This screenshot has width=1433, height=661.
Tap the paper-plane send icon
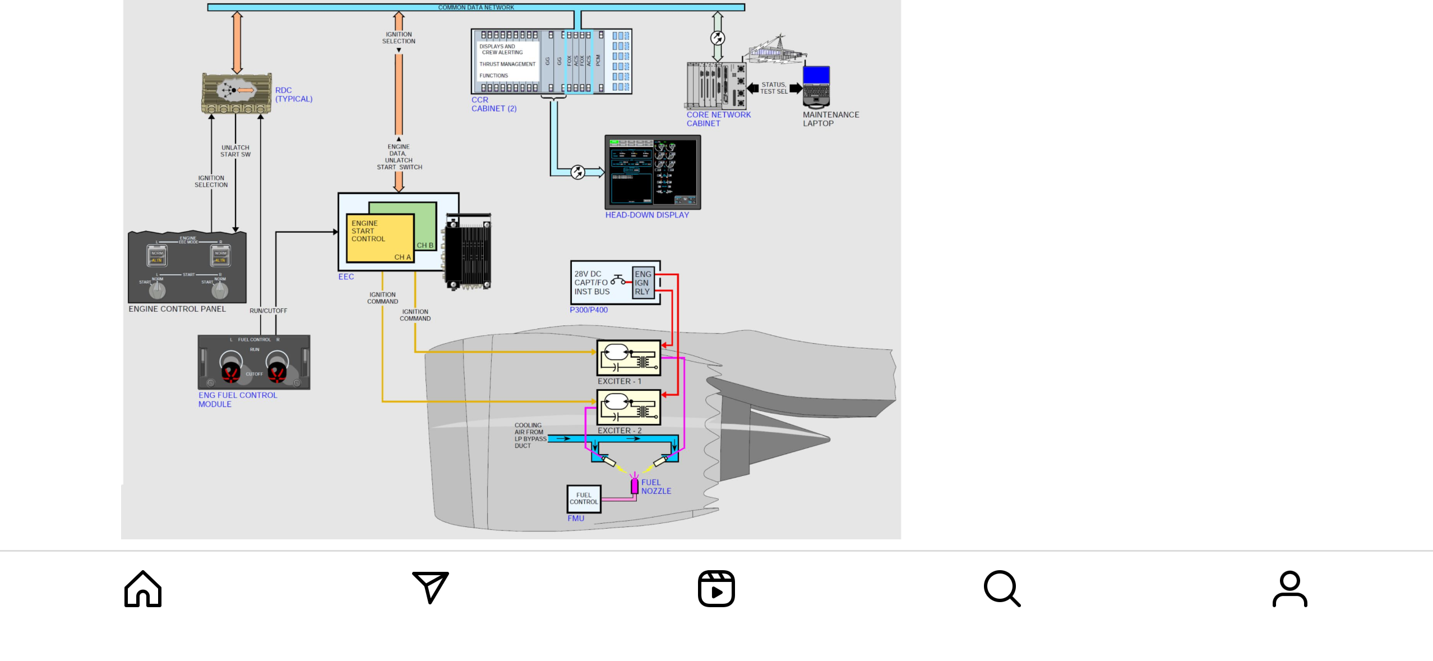[x=430, y=587]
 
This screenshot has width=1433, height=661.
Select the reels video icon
[x=716, y=589]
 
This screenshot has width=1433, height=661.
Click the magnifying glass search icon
[x=1002, y=589]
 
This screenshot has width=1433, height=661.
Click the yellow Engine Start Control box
[x=380, y=238]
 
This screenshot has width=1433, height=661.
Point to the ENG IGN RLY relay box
[x=642, y=283]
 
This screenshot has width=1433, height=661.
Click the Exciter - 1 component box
[x=628, y=358]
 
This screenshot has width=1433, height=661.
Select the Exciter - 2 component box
[x=628, y=407]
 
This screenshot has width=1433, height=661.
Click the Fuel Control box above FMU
[x=584, y=498]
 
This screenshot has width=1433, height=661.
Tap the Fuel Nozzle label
[x=656, y=487]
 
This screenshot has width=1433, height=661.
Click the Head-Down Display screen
[x=653, y=172]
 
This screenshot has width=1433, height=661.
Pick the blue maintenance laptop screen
[x=816, y=75]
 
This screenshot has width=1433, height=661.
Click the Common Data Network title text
[x=476, y=7]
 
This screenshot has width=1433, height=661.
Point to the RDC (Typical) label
[x=293, y=94]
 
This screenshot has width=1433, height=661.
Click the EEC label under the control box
[x=346, y=276]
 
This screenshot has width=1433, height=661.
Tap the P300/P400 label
[x=589, y=309]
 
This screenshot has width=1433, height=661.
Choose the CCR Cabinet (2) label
[x=493, y=104]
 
